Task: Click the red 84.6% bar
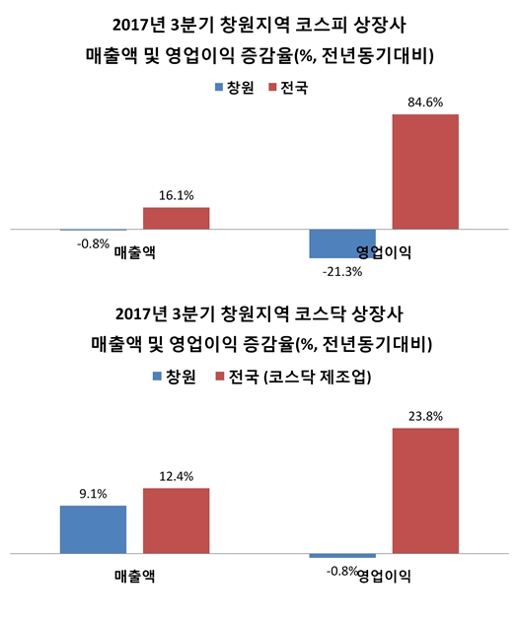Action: [x=425, y=172]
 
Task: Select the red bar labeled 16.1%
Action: [x=176, y=218]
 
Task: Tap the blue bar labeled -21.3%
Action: [x=341, y=242]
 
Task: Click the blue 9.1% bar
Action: [x=93, y=530]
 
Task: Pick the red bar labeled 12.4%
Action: [x=176, y=521]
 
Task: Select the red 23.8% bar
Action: [x=425, y=492]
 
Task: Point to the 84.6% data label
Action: [x=425, y=101]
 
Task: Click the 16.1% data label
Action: [x=176, y=195]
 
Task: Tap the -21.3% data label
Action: [x=341, y=270]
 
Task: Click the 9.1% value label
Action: [x=93, y=494]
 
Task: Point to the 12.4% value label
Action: [x=176, y=476]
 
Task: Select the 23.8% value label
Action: [x=425, y=415]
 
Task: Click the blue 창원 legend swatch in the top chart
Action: [x=218, y=88]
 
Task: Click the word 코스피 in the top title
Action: [x=318, y=23]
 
